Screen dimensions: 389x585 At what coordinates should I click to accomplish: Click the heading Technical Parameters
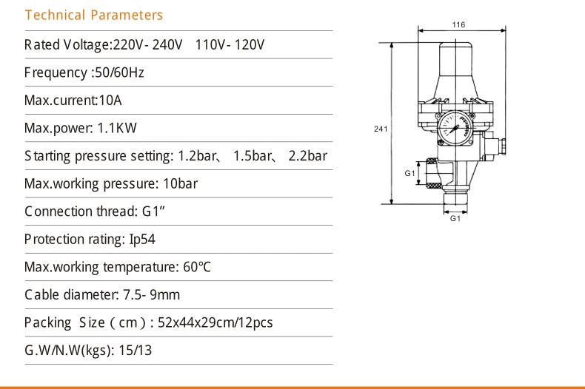(x=93, y=16)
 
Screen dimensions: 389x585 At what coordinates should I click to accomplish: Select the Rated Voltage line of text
(x=144, y=45)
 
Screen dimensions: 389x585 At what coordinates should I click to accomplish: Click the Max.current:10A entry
(x=73, y=101)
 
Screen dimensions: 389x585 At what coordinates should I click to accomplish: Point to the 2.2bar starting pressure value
(x=307, y=156)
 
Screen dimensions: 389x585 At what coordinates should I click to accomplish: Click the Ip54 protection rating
(x=142, y=240)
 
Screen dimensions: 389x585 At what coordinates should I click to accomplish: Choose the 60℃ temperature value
(x=195, y=267)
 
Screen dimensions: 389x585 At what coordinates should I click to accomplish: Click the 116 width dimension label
(x=458, y=25)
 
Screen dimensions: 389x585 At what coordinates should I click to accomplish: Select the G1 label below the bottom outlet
(x=455, y=219)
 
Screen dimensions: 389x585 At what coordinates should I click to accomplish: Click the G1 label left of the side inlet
(x=409, y=173)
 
